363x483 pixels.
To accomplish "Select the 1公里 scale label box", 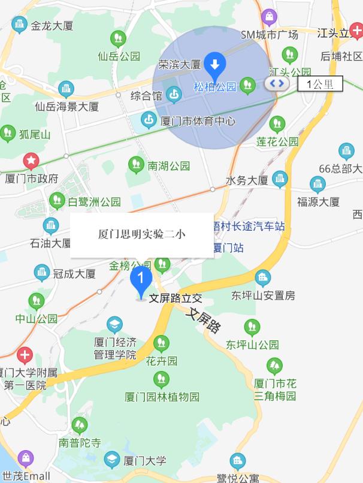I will (320, 84).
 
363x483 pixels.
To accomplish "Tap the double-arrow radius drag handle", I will (276, 83).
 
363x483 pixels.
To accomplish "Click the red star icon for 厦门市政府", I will (31, 161).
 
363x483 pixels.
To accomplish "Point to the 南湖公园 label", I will (169, 166).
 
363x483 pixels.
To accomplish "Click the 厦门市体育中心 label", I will (198, 121).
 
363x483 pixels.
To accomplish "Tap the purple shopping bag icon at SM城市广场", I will (269, 17).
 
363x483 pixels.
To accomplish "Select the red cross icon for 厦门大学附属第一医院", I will (25, 355).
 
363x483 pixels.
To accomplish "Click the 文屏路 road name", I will (204, 320).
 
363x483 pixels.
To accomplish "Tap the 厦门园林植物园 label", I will (162, 397).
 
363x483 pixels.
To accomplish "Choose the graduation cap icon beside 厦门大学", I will (112, 460).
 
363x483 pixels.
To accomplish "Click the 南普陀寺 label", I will (80, 443).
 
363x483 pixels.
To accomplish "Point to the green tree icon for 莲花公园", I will (277, 124).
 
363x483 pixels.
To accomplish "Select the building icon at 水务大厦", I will (280, 179).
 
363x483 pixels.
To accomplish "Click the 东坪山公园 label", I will (252, 345).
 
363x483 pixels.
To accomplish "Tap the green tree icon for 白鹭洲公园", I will (57, 200).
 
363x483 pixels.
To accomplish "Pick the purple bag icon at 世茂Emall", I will (25, 459).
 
